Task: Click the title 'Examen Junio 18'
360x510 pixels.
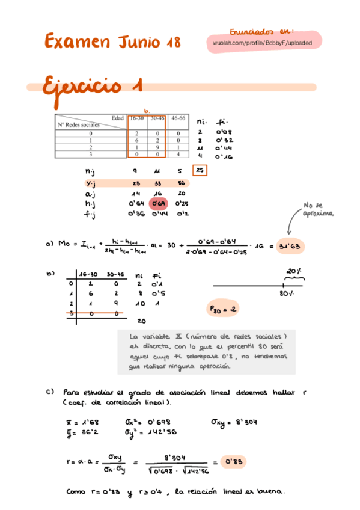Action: pyautogui.click(x=112, y=41)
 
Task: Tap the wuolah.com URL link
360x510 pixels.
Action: pyautogui.click(x=263, y=43)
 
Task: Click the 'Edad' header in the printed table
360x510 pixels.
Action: pyautogui.click(x=117, y=118)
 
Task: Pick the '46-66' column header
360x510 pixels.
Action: pyautogui.click(x=178, y=119)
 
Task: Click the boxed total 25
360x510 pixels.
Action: pyautogui.click(x=200, y=171)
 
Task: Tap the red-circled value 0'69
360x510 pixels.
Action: pyautogui.click(x=159, y=204)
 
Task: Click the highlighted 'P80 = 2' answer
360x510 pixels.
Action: pyautogui.click(x=223, y=310)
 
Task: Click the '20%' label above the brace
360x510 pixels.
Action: pyautogui.click(x=294, y=272)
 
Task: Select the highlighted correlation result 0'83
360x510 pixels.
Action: pyautogui.click(x=233, y=461)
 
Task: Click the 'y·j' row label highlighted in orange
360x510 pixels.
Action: pyautogui.click(x=91, y=182)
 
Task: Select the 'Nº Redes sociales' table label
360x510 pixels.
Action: pyautogui.click(x=79, y=124)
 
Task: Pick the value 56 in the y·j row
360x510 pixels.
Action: pyautogui.click(x=180, y=182)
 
